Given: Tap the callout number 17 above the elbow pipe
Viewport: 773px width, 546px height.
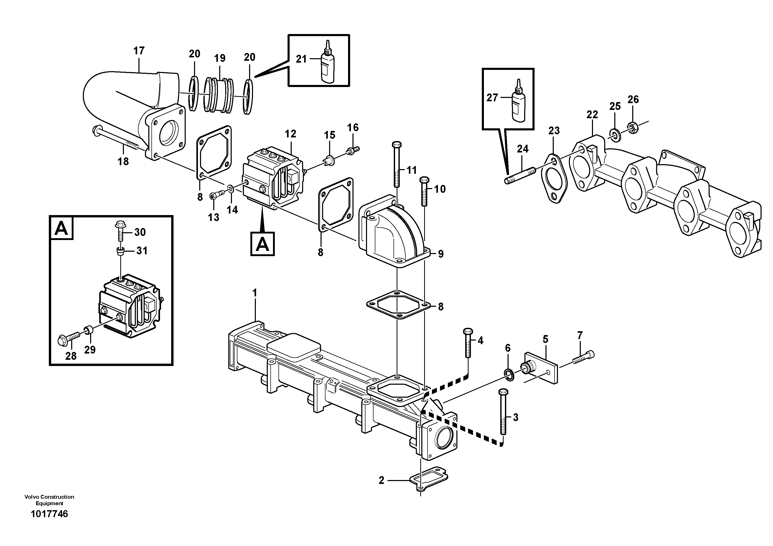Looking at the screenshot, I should [139, 51].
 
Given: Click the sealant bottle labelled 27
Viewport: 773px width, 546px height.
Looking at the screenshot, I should [518, 101].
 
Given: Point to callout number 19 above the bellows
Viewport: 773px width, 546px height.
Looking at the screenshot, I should [219, 58].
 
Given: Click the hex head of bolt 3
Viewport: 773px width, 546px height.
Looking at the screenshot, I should [503, 392].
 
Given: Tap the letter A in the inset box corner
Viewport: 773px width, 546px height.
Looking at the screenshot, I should [61, 229].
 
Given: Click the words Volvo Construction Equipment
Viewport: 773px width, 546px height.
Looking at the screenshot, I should [49, 500].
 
